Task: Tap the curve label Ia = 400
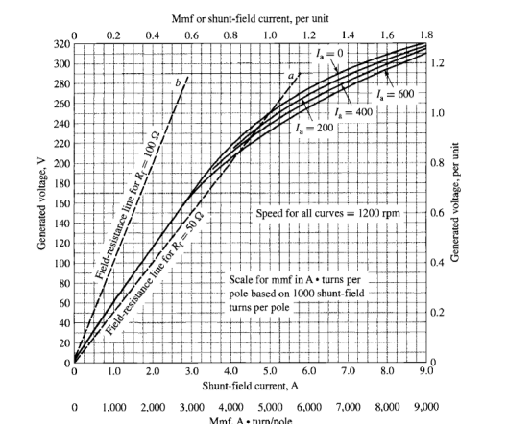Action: pyautogui.click(x=374, y=111)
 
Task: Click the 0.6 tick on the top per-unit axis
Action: pyautogui.click(x=191, y=34)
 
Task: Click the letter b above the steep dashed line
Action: pyautogui.click(x=178, y=82)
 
